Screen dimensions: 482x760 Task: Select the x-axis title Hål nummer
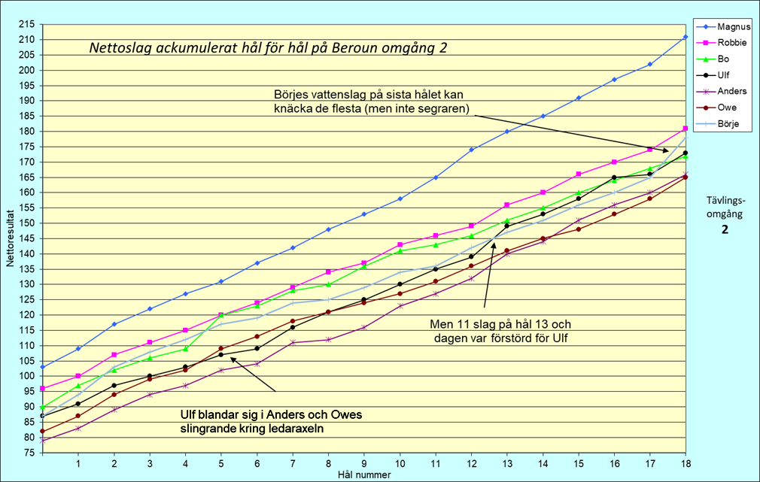click(363, 474)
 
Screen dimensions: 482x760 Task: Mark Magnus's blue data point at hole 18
click(685, 37)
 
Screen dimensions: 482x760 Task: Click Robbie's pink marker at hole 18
click(685, 129)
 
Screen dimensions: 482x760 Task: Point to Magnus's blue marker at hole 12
click(471, 150)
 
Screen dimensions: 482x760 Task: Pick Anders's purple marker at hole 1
click(78, 428)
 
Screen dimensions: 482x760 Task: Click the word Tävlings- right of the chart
click(725, 200)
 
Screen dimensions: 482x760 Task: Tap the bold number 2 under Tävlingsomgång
click(725, 230)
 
